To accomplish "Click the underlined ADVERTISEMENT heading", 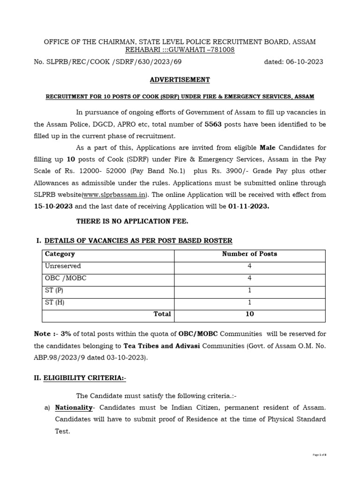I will (x=180, y=80).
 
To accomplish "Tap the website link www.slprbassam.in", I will (x=124, y=195).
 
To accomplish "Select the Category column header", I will (x=60, y=254).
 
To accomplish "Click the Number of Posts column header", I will (x=249, y=254).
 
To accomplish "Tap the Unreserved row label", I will (x=62, y=266).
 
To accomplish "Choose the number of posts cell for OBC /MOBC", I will (x=249, y=278).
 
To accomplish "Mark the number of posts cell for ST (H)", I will (x=249, y=302).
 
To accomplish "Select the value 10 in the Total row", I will (x=249, y=315).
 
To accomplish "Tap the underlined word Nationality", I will (x=74, y=408).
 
